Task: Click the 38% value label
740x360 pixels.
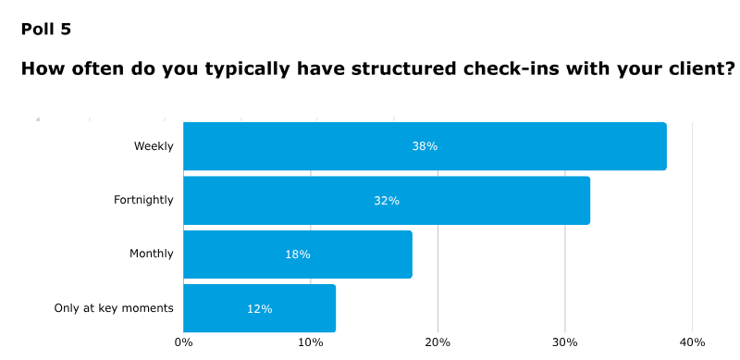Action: tap(425, 146)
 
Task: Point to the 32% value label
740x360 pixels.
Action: tap(387, 200)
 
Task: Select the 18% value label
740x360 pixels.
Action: tap(298, 254)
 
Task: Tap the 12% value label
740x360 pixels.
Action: tap(259, 308)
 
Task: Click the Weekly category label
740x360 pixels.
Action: tap(154, 146)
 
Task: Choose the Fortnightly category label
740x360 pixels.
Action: tap(143, 200)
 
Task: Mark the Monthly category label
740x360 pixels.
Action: tap(151, 254)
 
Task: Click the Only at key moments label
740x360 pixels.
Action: tap(114, 308)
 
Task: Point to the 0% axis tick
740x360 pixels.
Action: tap(183, 342)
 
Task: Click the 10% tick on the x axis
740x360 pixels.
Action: tap(311, 342)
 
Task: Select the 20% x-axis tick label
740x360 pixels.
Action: tap(438, 342)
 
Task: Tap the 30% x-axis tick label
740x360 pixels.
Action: tap(565, 342)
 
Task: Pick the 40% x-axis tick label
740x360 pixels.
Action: tap(692, 342)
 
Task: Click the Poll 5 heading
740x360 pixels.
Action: tap(46, 29)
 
